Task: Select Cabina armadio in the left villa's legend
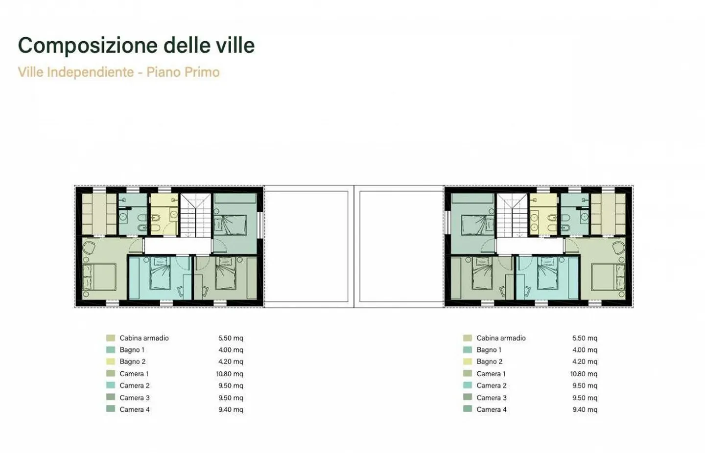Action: click(x=144, y=338)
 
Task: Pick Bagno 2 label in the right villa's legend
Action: click(x=489, y=362)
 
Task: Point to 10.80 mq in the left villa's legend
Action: click(x=230, y=374)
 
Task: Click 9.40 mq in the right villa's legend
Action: click(x=585, y=409)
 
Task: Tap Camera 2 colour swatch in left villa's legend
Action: click(x=111, y=385)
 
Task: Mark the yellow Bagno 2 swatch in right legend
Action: click(x=468, y=362)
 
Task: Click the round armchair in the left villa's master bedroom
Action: click(x=89, y=248)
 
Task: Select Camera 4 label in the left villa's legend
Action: click(x=135, y=409)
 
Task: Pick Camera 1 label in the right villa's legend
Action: click(x=491, y=374)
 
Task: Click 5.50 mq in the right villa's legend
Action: click(x=585, y=338)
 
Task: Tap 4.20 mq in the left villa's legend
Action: click(x=231, y=362)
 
